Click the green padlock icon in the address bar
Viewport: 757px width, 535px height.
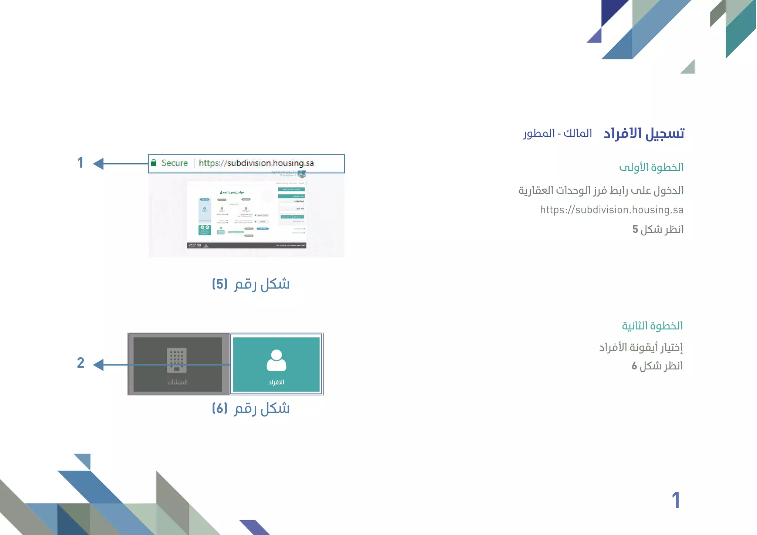click(x=154, y=163)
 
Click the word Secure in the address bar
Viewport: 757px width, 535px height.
click(x=174, y=163)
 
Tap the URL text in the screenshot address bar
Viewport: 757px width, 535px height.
click(x=256, y=163)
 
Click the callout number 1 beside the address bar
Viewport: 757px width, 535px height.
click(x=80, y=163)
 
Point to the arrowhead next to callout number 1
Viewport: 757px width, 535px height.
click(x=98, y=164)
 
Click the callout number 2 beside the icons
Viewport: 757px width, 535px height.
click(x=81, y=363)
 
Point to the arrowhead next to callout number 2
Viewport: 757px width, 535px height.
click(x=98, y=365)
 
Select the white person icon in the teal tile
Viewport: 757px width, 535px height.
click(x=276, y=360)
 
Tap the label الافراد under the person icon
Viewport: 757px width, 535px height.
click(x=276, y=382)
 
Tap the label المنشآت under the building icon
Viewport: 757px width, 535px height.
click(x=177, y=382)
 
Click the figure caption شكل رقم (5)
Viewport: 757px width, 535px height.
click(x=251, y=284)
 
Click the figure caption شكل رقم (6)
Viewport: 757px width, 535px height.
click(x=251, y=408)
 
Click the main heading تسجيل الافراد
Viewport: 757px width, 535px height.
click(x=644, y=133)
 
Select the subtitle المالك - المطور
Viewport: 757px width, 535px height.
click(x=557, y=133)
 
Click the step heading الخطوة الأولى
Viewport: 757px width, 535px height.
click(x=651, y=167)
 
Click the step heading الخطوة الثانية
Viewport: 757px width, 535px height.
click(x=652, y=326)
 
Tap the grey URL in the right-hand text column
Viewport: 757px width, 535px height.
click(x=611, y=210)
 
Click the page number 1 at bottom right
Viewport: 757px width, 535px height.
click(x=676, y=500)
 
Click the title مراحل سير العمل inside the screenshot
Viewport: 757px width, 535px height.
click(x=232, y=192)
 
